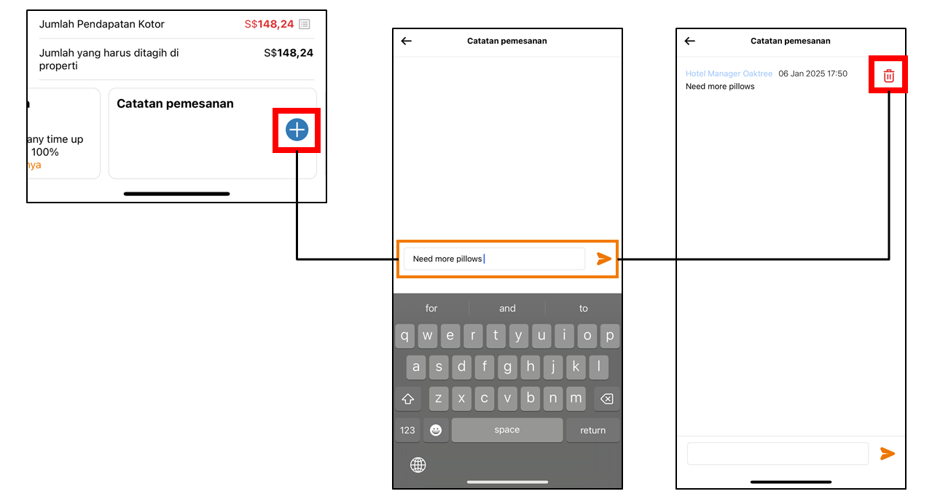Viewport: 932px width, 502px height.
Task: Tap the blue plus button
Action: (x=297, y=130)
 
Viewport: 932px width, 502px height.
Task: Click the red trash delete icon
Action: (x=888, y=75)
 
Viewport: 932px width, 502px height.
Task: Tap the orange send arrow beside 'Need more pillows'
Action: (x=603, y=259)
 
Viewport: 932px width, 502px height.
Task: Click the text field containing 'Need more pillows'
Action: (x=494, y=259)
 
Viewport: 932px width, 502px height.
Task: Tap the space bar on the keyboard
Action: (x=506, y=430)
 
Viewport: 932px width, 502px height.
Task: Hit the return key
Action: (x=592, y=430)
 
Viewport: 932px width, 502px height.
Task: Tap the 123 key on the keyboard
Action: (x=407, y=430)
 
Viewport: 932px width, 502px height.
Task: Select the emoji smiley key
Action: (x=435, y=430)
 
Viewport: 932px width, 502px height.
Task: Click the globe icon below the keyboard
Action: (x=418, y=465)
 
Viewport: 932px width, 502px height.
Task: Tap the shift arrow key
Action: (x=407, y=399)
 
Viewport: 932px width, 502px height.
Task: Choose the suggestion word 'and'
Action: (x=507, y=308)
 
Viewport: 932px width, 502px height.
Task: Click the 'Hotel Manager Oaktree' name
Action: (x=729, y=74)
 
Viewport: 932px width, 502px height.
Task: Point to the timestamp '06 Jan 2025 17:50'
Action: (x=812, y=74)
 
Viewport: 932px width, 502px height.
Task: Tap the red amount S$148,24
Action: (x=269, y=24)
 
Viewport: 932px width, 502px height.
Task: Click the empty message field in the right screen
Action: (x=778, y=453)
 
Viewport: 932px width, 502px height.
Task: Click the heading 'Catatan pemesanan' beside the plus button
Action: (x=175, y=103)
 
